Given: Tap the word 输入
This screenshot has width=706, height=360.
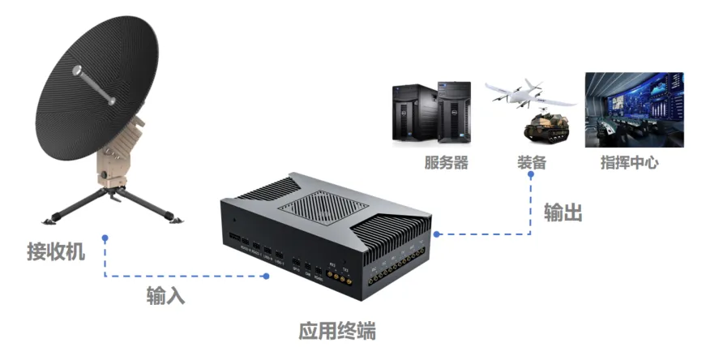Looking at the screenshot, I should coord(165,295).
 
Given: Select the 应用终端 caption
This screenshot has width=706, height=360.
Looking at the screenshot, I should coord(337,332).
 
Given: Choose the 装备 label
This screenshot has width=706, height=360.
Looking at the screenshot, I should coord(532,162).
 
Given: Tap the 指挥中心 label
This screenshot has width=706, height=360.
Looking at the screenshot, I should coord(629,162).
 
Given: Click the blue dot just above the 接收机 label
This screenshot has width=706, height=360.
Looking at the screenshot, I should coord(105,238).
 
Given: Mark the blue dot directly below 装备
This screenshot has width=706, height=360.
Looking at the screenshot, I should coord(531,174).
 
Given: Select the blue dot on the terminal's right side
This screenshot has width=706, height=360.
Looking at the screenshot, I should coord(436,234).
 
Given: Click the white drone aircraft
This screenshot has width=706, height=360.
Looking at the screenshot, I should coord(530,93).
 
